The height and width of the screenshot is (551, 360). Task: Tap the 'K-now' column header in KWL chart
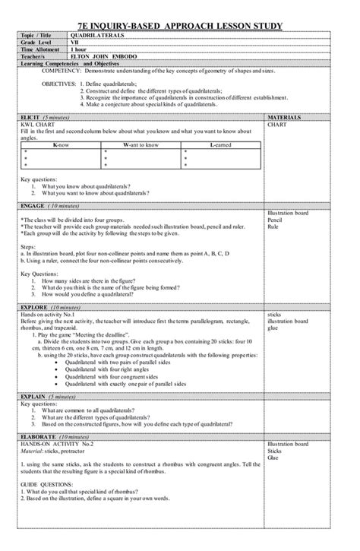[x=54, y=144]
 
